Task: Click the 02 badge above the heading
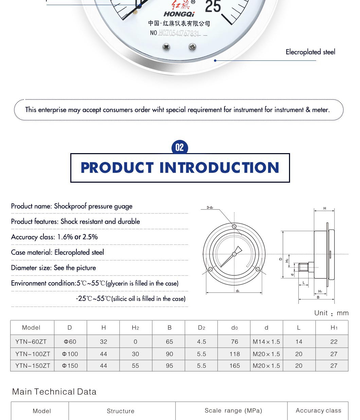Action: click(x=180, y=147)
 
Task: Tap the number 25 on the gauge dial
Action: click(x=213, y=6)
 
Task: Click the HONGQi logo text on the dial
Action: click(x=179, y=14)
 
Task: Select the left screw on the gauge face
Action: click(x=166, y=47)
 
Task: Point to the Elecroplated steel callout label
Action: click(x=310, y=52)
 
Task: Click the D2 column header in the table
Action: click(x=201, y=328)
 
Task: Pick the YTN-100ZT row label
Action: click(x=33, y=354)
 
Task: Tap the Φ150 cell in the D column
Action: click(x=70, y=366)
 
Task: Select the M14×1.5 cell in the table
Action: click(x=266, y=342)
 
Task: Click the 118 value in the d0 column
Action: click(x=234, y=354)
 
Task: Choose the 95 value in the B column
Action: click(x=169, y=366)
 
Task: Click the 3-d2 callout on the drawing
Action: click(x=210, y=207)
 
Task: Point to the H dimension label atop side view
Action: click(x=325, y=208)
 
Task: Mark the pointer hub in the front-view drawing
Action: click(x=234, y=254)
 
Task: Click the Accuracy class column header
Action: click(x=318, y=410)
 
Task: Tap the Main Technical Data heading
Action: click(x=54, y=392)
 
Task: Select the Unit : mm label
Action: click(x=331, y=313)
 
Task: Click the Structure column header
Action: click(x=121, y=411)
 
